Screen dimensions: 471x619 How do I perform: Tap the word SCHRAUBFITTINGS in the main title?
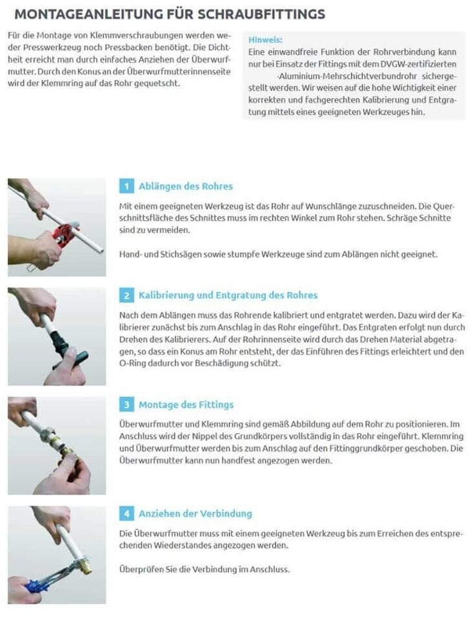pos(261,14)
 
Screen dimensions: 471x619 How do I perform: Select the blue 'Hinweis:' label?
pos(265,40)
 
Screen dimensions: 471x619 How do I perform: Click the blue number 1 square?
pos(126,186)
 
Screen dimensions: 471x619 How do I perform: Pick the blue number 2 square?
pos(126,295)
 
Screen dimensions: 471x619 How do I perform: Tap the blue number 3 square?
pos(126,405)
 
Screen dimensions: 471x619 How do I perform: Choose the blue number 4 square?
pos(126,514)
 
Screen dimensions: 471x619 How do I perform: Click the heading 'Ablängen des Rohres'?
pos(186,186)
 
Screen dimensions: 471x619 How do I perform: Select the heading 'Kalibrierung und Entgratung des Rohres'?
pos(228,295)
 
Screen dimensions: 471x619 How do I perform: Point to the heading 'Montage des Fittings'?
pos(186,405)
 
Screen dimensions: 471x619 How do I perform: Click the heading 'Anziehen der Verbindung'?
pos(195,514)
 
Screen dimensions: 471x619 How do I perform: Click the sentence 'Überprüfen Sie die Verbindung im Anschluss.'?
pos(205,569)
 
